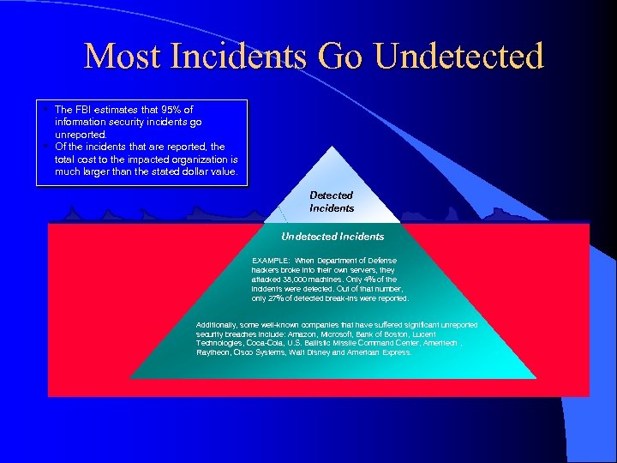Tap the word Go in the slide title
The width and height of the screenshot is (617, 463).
click(341, 57)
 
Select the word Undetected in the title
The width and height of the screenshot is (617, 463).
click(459, 57)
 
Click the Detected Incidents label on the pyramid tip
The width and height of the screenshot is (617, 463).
click(332, 201)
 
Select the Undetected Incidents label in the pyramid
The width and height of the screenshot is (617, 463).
click(332, 236)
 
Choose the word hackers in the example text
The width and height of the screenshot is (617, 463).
click(267, 269)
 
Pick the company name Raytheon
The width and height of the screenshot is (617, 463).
click(213, 352)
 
